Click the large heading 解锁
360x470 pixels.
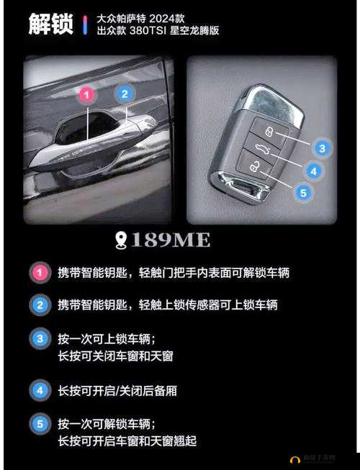coord(50,24)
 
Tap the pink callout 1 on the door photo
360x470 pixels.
coord(86,94)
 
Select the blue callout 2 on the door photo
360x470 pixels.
coord(125,94)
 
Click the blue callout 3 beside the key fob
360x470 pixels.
coord(323,149)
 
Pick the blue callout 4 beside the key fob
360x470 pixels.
coord(313,171)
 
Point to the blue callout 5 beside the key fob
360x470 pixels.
coord(303,192)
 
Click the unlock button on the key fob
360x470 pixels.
coord(256,168)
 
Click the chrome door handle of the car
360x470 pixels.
coord(101,140)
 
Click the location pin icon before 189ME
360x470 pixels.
coord(121,240)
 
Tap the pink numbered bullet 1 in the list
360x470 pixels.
coord(40,274)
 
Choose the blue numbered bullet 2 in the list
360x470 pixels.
coord(40,305)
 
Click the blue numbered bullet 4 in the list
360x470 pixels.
coord(40,391)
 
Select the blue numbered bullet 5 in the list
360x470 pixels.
coord(40,423)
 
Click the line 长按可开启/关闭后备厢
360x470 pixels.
coord(117,391)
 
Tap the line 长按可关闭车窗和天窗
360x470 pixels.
coord(115,356)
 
